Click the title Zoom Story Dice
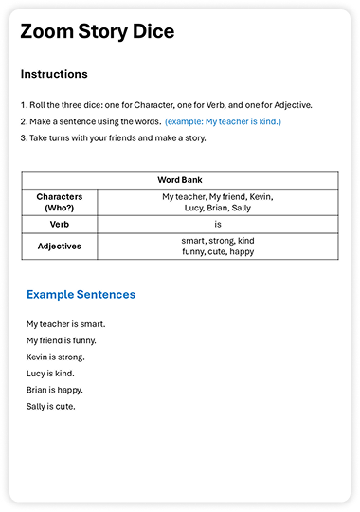pos(98,31)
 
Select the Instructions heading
pos(54,74)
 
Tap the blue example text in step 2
pos(223,121)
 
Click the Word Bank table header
pos(179,179)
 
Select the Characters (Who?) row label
pos(59,201)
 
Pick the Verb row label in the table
pos(59,224)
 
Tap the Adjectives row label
pos(59,246)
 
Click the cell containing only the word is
pos(217,224)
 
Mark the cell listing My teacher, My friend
pos(217,201)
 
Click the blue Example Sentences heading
pos(81,295)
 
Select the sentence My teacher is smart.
pos(65,324)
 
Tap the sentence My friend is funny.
pos(62,340)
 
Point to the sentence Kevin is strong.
pos(56,357)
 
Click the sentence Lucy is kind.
pos(51,374)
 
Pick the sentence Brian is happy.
pos(55,390)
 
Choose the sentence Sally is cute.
pos(51,407)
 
